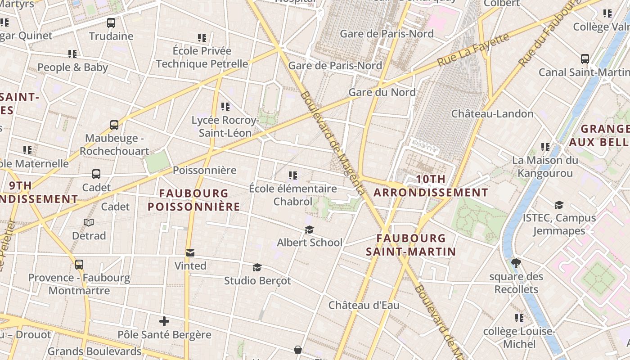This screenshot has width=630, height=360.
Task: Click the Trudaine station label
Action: [x=111, y=36]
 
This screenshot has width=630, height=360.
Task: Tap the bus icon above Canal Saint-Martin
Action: [x=585, y=58]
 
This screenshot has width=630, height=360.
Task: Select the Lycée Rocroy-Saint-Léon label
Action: [x=225, y=126]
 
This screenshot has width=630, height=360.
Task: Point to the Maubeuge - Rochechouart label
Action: [x=114, y=144]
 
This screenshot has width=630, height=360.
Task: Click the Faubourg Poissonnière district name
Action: [x=194, y=200]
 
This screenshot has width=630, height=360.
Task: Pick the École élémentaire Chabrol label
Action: [x=293, y=195]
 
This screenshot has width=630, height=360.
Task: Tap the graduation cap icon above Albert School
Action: [x=309, y=230]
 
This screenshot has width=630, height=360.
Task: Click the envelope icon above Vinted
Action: [x=190, y=253]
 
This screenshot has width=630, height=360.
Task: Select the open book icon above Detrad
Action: [x=89, y=222]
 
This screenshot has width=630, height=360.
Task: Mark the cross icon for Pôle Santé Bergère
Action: [x=164, y=321]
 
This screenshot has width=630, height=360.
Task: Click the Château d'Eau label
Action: [x=364, y=305]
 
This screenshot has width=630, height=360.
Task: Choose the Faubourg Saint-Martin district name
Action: [x=411, y=245]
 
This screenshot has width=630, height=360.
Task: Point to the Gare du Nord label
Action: [x=382, y=92]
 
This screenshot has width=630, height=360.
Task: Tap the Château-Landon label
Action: [x=492, y=113]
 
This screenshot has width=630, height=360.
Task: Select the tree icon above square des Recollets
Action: [x=516, y=263]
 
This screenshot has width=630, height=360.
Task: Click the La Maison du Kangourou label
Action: [x=545, y=166]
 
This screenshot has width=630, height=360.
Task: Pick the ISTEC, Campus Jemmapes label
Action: [x=559, y=224]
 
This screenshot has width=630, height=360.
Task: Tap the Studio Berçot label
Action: [x=257, y=281]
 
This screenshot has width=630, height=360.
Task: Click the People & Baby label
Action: [x=72, y=67]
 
